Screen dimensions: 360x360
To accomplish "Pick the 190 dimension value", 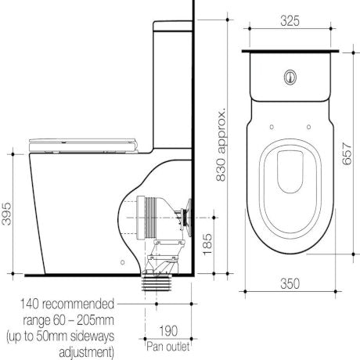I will [168, 329].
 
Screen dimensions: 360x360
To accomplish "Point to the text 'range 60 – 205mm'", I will [63, 317].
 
